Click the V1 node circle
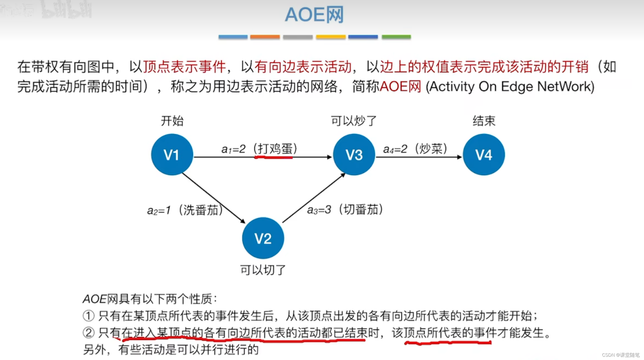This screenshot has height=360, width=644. tap(172, 155)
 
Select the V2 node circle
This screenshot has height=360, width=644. tap(263, 238)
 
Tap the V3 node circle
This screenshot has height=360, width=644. tap(354, 155)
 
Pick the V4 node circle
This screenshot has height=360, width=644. tap(484, 155)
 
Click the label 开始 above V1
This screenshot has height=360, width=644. tap(172, 121)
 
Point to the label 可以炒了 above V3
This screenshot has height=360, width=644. tap(354, 121)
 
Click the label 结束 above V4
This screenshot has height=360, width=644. tap(484, 121)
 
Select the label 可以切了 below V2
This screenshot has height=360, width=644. tap(263, 270)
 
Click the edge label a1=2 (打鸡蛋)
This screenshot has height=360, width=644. tap(259, 149)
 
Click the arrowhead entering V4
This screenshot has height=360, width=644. tap(459, 157)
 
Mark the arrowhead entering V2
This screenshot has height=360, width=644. tap(243, 221)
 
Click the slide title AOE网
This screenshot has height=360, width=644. tap(314, 15)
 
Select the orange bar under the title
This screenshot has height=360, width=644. tap(265, 37)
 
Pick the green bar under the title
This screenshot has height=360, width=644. tap(396, 37)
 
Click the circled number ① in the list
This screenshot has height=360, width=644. tap(88, 316)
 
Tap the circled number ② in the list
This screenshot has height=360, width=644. tap(88, 333)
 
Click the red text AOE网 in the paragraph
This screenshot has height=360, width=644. tap(400, 87)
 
